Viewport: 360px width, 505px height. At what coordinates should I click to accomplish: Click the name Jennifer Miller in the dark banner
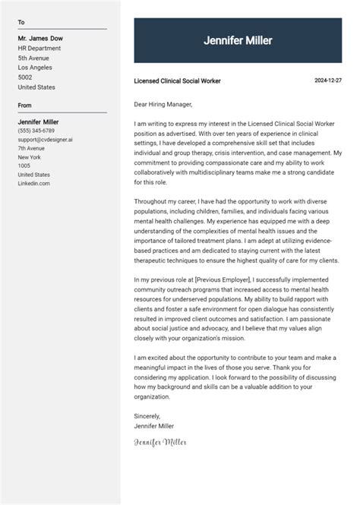238,41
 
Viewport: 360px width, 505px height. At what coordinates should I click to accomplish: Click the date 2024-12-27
328,80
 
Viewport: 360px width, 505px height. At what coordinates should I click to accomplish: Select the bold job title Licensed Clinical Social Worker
177,80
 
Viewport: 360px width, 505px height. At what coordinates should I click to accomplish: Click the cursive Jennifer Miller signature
159,441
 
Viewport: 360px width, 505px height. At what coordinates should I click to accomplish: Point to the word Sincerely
147,415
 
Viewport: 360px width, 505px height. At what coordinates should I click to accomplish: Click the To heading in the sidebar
21,23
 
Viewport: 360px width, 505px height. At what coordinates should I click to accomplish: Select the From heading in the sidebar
25,106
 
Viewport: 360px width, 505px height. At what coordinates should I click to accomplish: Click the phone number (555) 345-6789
36,131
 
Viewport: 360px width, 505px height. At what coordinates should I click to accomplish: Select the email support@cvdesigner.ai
45,140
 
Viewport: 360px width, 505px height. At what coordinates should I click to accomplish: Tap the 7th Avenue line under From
32,148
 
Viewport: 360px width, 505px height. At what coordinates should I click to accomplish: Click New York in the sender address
30,157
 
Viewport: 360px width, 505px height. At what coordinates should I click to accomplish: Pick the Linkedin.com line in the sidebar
34,183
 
